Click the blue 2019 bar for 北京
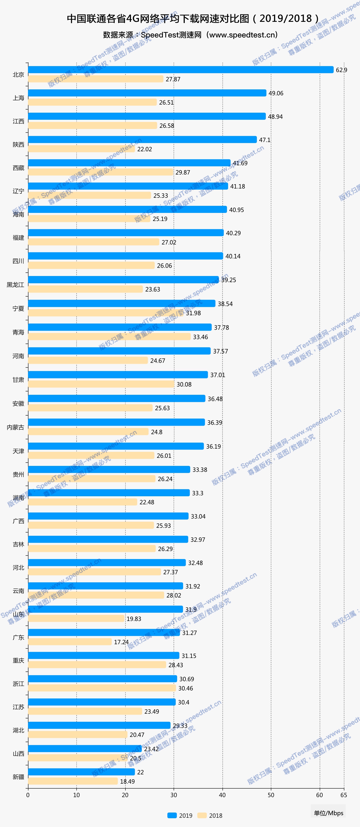click(180, 70)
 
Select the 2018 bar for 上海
click(92, 102)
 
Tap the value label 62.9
click(341, 70)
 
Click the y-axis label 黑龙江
click(15, 285)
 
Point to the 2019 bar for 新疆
click(81, 772)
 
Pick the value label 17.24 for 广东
click(121, 642)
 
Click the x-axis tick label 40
click(222, 795)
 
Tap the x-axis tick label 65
click(344, 795)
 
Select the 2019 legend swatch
click(172, 815)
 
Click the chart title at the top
click(193, 19)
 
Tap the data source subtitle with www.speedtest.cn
click(190, 35)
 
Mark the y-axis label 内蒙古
click(15, 427)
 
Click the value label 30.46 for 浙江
click(186, 688)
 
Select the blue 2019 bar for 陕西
click(142, 139)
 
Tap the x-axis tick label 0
click(28, 795)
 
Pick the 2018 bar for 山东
click(76, 618)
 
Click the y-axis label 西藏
click(18, 168)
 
